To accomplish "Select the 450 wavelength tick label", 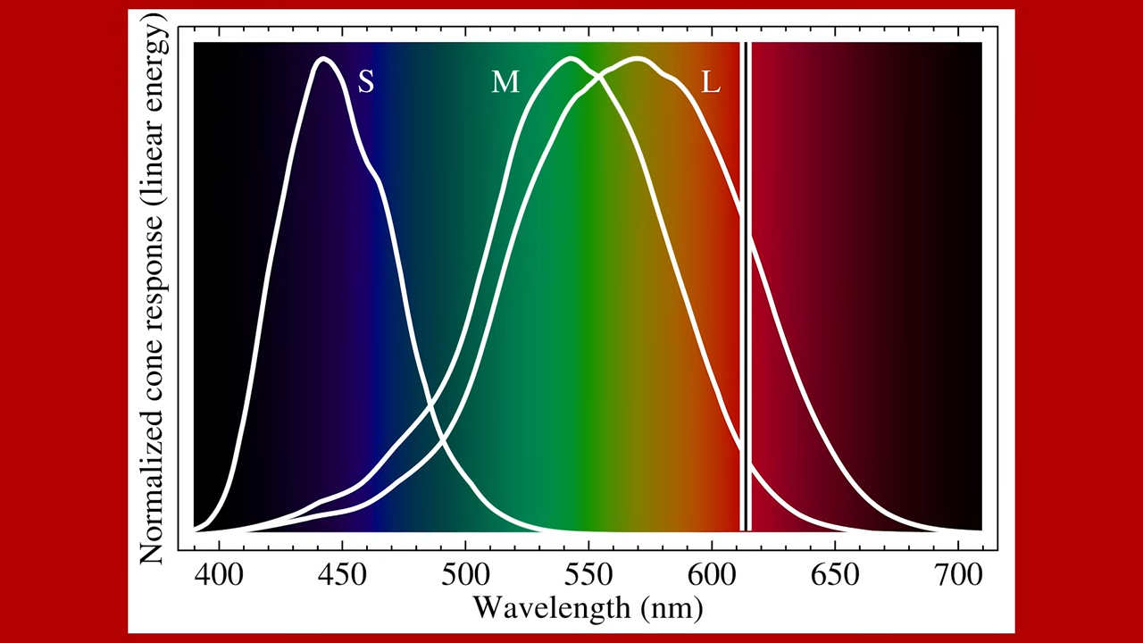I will (342, 573).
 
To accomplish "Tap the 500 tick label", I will (465, 573).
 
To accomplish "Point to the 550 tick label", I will (588, 573).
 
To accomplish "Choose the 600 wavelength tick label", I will (712, 573).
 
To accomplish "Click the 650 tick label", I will (835, 573).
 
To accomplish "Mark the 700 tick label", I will (958, 573).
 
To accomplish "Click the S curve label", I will (366, 82).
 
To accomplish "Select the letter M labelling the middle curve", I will (505, 82).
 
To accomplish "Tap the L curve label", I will (711, 82).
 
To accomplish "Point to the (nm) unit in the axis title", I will (671, 609).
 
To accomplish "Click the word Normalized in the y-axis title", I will (154, 483).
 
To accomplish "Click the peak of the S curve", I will (324, 60).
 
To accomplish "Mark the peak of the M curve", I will (571, 60).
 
